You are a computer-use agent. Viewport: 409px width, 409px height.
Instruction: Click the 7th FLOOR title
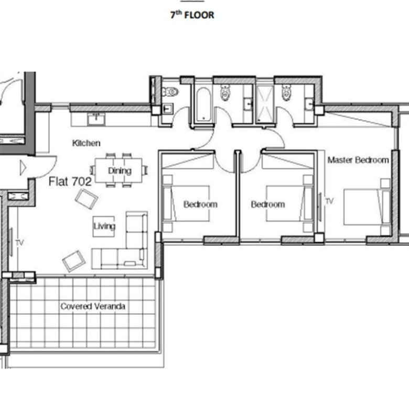[192, 15]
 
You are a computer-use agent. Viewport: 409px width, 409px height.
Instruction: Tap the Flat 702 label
[70, 181]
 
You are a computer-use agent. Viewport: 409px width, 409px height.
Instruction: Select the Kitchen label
[86, 143]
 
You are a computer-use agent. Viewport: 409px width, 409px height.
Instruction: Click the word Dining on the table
[120, 171]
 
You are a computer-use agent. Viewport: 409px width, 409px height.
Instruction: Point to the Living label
[104, 227]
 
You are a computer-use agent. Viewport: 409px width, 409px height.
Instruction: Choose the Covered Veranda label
[93, 306]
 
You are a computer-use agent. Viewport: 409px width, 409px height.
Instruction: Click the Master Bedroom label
[358, 160]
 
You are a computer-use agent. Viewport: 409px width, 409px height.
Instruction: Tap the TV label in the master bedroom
[329, 201]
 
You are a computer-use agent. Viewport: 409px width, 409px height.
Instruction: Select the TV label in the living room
[19, 243]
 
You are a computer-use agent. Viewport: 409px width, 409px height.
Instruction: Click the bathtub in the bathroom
[203, 105]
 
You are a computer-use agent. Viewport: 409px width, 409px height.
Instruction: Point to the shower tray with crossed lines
[265, 104]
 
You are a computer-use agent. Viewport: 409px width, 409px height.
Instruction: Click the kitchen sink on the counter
[96, 120]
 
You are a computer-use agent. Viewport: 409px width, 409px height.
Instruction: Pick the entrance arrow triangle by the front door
[23, 167]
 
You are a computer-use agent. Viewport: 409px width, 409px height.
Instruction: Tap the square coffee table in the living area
[104, 227]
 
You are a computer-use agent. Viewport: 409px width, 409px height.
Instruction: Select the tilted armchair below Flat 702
[87, 199]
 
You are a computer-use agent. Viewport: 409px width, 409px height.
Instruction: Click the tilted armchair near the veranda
[74, 261]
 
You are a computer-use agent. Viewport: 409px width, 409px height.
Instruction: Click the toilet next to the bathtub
[225, 92]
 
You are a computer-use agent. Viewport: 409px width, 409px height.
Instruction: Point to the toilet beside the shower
[286, 92]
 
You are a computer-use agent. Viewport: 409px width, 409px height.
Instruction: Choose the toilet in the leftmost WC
[170, 92]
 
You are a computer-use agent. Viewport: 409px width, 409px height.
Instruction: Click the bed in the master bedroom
[367, 207]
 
